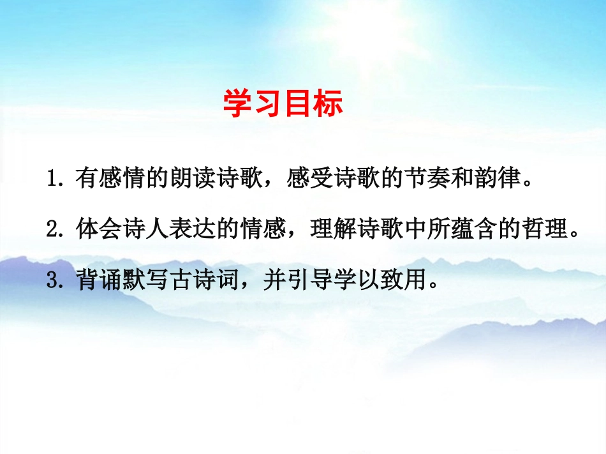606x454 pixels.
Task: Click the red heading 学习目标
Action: [x=283, y=103]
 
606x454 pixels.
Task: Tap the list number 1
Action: [x=52, y=178]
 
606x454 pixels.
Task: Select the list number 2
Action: [x=52, y=229]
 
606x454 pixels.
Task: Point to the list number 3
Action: [x=52, y=280]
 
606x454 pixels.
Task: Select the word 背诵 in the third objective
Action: [x=98, y=279]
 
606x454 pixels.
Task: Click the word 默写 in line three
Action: [x=145, y=279]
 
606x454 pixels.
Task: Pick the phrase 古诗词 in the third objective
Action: [x=205, y=279]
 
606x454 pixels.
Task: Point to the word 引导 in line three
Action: [x=309, y=279]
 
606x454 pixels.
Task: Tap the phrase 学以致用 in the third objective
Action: [x=380, y=279]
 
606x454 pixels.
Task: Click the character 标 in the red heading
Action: [x=328, y=103]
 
